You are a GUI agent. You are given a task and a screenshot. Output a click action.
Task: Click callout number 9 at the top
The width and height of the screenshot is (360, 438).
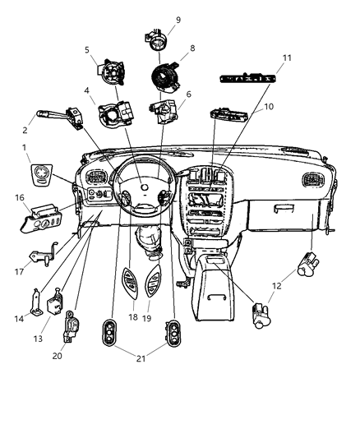[178, 20]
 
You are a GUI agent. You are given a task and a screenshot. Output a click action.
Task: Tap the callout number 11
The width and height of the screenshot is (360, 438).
[264, 58]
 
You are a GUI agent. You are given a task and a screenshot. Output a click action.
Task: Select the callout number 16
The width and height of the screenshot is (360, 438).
[19, 198]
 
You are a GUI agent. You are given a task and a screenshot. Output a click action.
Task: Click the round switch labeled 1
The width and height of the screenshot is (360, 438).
[38, 177]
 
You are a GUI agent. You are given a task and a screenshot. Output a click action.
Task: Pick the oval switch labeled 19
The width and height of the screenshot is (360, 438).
[154, 285]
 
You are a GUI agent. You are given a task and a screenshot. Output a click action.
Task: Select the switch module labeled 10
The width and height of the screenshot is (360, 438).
[231, 115]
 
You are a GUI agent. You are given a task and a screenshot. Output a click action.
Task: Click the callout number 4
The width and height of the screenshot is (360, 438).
[85, 91]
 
